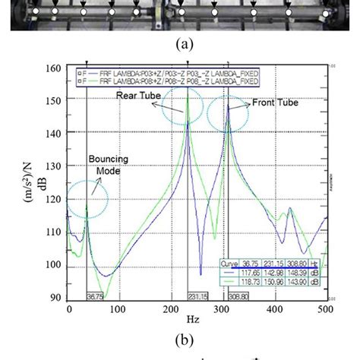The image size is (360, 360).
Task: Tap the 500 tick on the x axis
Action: (327, 310)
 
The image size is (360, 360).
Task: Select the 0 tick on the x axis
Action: (68, 310)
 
